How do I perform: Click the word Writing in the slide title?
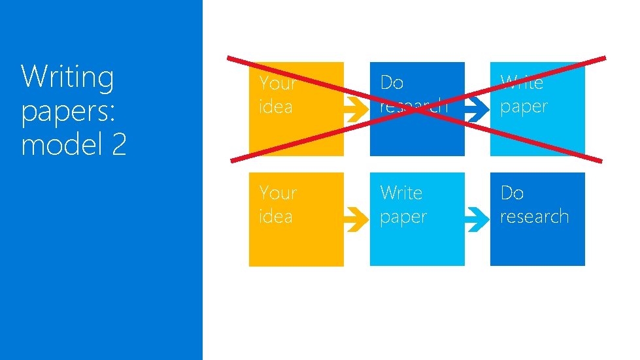tap(67, 77)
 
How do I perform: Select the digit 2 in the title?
tap(118, 143)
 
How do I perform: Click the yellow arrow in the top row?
tap(356, 112)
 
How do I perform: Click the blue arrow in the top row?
tap(477, 112)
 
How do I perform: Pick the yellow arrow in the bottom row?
tap(356, 221)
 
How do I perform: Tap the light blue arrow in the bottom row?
tap(477, 221)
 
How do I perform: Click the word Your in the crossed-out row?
tap(278, 84)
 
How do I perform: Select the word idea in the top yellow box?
tap(276, 106)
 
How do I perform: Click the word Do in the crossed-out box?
tap(392, 83)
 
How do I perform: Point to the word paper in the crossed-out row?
tap(524, 106)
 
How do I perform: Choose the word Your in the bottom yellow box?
tap(278, 193)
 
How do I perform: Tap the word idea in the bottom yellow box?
tap(276, 216)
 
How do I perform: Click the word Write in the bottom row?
tap(401, 193)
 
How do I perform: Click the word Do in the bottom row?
tap(512, 193)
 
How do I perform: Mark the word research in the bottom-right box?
tap(534, 216)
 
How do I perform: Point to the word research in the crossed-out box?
tap(414, 106)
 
